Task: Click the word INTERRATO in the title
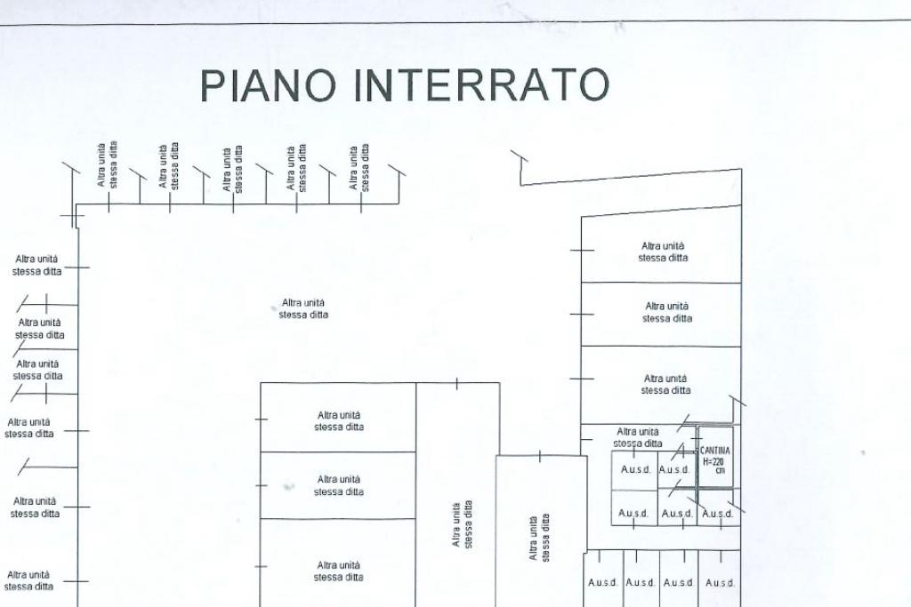coord(481,86)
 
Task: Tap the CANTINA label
coord(715,451)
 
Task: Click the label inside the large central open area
coord(302,308)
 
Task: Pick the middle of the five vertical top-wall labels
coord(233,169)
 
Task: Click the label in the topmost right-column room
coord(663,252)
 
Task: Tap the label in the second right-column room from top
coord(666,312)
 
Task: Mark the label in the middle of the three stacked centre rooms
coord(338,485)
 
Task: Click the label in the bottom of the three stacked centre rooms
coord(338,571)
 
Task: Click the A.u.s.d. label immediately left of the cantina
coord(675,470)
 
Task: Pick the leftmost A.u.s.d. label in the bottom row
coord(602,583)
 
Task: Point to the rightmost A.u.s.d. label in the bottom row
coord(720,583)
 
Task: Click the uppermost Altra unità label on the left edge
coord(37,265)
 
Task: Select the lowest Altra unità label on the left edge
coord(28,580)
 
